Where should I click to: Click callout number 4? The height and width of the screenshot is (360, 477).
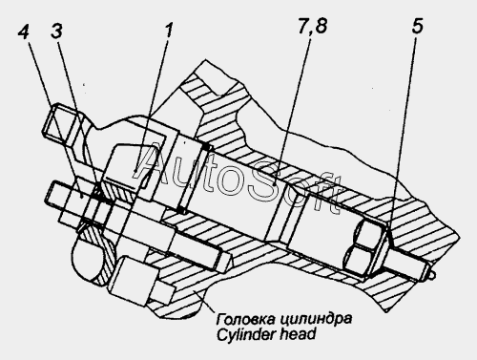(x=23, y=32)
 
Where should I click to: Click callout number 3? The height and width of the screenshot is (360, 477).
(x=56, y=32)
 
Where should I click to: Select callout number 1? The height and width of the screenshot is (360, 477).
(x=168, y=32)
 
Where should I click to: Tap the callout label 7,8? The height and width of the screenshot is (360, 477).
(x=313, y=26)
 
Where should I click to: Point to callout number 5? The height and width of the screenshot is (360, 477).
(x=418, y=26)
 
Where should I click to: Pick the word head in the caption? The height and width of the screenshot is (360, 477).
(x=299, y=334)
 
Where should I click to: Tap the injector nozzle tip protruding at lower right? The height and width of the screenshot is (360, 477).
(x=430, y=275)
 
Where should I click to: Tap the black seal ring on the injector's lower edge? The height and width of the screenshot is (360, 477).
(x=181, y=210)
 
